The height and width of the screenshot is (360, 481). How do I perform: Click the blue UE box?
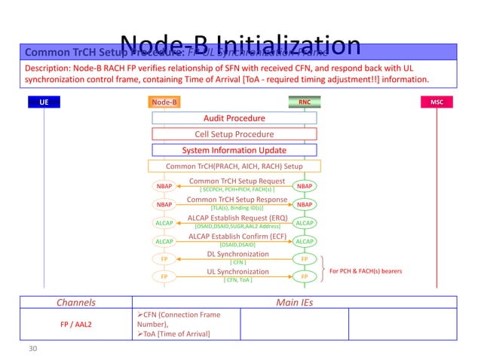point(44,102)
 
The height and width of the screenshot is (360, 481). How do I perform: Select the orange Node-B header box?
point(164,102)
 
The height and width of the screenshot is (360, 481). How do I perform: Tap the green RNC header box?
point(305,102)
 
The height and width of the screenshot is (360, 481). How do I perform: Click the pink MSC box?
point(437,102)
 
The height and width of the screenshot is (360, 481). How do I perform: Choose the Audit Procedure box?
point(234,118)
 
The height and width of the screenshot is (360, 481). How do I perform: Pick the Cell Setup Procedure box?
point(234,134)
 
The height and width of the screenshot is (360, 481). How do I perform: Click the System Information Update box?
point(234,150)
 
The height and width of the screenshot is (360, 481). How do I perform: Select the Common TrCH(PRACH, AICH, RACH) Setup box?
point(234,166)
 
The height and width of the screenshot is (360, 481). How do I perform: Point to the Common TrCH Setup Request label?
point(237,182)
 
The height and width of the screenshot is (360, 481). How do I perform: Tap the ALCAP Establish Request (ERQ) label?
point(237,218)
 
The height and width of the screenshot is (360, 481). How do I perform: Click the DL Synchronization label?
point(237,254)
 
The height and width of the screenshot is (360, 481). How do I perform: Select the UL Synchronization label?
point(237,272)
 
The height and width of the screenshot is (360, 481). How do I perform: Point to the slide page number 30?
point(32,348)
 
